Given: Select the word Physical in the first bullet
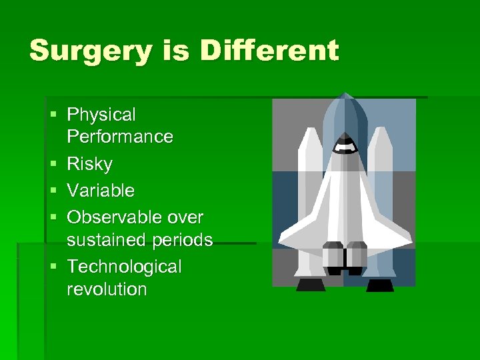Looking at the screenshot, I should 101,115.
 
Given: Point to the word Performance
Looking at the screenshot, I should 120,137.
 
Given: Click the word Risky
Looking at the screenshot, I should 90,165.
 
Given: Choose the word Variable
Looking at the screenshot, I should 101,191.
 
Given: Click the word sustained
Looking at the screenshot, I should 107,240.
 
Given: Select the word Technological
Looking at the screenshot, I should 124,267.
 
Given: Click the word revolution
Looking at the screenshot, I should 107,289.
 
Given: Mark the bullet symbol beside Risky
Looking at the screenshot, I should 53,164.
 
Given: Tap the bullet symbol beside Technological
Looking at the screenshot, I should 53,267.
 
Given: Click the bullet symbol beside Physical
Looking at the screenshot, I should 53,115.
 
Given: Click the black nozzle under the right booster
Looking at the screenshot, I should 380,285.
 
